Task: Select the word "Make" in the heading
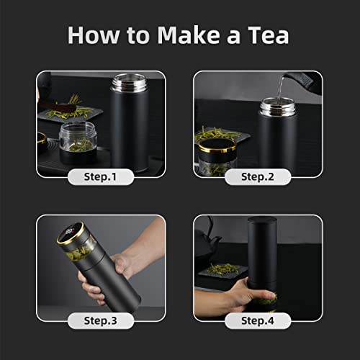(x=188, y=35)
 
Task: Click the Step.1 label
(x=101, y=176)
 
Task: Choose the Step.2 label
(x=258, y=176)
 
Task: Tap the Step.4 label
(x=258, y=320)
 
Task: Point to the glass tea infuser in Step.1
(x=78, y=137)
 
